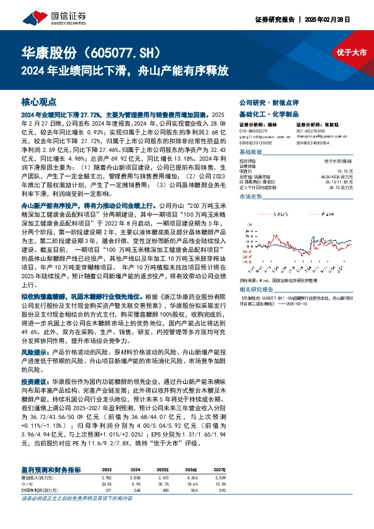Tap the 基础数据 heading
(251, 153)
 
